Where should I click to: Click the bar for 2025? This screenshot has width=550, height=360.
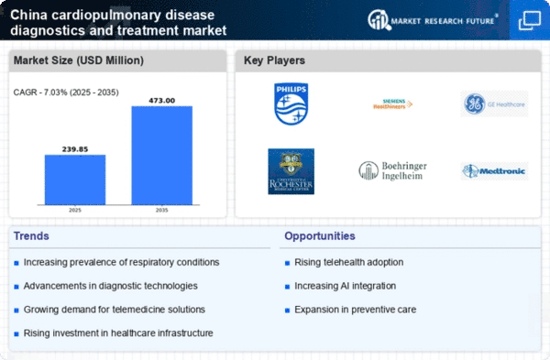coord(75,182)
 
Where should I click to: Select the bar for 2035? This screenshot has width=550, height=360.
coord(162,158)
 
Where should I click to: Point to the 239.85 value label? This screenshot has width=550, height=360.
coord(75,147)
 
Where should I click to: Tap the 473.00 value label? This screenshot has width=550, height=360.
coord(162,99)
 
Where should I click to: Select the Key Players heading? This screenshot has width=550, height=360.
coord(275,61)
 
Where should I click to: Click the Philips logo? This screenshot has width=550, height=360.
coord(291,104)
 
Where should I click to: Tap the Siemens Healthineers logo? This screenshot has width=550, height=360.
coord(392,104)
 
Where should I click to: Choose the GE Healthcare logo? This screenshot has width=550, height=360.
coord(493,104)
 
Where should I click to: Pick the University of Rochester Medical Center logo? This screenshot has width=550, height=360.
coord(291,171)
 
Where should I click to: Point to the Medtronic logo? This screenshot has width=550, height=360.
coord(493,171)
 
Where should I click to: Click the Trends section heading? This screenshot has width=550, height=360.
coord(32,236)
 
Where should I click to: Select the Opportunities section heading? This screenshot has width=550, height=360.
coord(321,236)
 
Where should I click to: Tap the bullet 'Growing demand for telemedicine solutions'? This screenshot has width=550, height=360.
coord(115,310)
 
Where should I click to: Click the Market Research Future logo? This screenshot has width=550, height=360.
coord(431,19)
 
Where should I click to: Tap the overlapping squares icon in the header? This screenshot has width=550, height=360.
coord(529,19)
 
